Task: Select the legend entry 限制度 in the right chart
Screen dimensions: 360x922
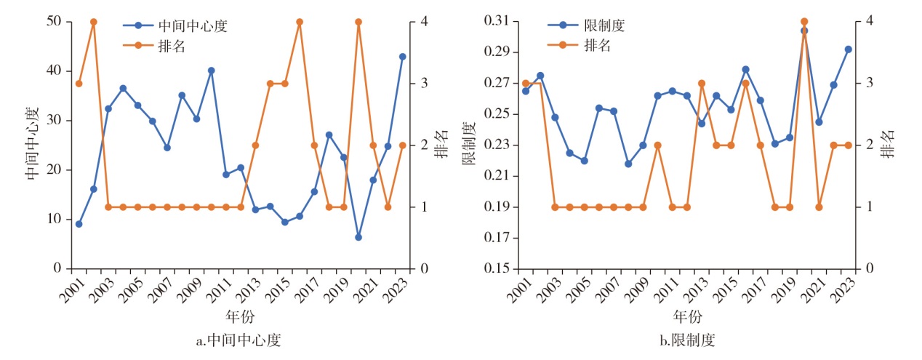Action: tap(604, 26)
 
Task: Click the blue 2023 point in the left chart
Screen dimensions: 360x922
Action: tap(402, 56)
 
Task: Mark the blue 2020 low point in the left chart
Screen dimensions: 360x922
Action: tap(358, 237)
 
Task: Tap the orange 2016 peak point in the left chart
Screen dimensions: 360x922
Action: tap(300, 22)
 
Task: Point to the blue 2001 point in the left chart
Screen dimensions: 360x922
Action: tap(79, 224)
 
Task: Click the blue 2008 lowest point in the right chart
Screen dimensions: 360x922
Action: tap(628, 164)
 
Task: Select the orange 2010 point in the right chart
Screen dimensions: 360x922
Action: tap(657, 145)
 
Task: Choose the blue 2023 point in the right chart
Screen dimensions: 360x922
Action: tap(848, 49)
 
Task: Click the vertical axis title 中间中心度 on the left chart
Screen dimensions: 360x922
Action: tap(31, 145)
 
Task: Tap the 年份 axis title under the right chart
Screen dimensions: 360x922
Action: tap(687, 317)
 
